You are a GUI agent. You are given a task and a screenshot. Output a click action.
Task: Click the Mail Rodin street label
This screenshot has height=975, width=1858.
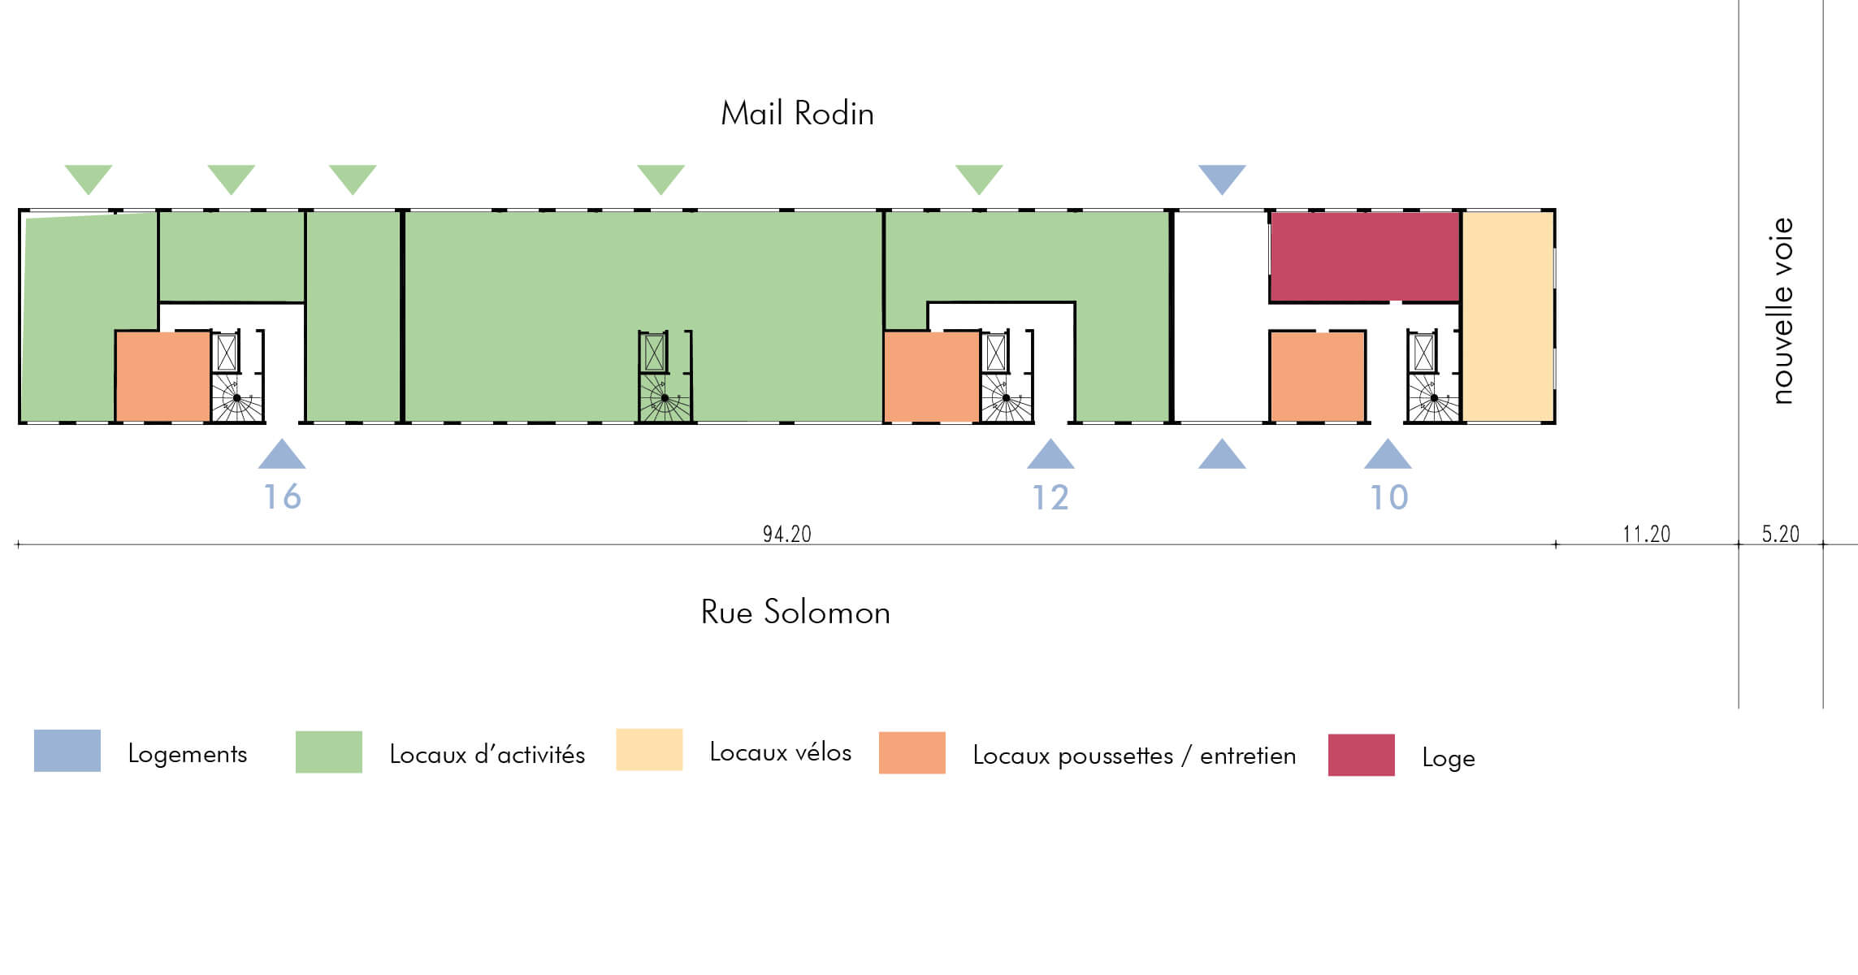click(x=797, y=114)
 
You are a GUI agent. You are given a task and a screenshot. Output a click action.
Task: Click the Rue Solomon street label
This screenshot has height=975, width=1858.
click(x=795, y=613)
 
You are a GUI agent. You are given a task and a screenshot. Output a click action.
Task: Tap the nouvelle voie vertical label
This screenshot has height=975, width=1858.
click(x=1782, y=310)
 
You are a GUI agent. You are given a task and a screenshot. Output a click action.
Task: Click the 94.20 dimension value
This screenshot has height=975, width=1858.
click(x=786, y=534)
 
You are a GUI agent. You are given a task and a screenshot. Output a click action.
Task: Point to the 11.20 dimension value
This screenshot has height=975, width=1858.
click(x=1646, y=534)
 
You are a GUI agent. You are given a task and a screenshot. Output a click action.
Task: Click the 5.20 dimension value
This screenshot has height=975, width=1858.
click(x=1780, y=534)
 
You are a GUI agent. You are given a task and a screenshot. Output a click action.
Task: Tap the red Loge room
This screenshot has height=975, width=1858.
click(x=1364, y=257)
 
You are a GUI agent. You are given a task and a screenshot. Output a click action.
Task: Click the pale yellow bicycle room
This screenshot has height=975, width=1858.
click(x=1508, y=317)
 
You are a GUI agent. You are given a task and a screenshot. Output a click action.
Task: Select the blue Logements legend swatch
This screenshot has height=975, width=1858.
click(x=67, y=751)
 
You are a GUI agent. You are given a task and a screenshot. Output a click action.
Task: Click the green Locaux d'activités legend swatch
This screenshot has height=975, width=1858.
click(x=328, y=752)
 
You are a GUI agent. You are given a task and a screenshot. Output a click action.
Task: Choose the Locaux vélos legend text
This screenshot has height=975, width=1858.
click(x=780, y=752)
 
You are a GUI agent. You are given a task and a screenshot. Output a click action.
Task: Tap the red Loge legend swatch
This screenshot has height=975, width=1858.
click(x=1361, y=755)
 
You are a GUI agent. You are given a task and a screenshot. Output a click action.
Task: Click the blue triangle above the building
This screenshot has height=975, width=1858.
click(x=1221, y=177)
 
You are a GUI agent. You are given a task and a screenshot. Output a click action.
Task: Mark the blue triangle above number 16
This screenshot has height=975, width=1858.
click(x=282, y=457)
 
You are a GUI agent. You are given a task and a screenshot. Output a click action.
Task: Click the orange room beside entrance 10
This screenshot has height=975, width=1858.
click(x=1317, y=376)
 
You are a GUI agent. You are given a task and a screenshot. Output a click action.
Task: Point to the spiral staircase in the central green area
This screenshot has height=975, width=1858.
click(x=665, y=398)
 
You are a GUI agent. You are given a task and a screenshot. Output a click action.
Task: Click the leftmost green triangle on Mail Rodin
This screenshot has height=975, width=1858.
click(x=89, y=177)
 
